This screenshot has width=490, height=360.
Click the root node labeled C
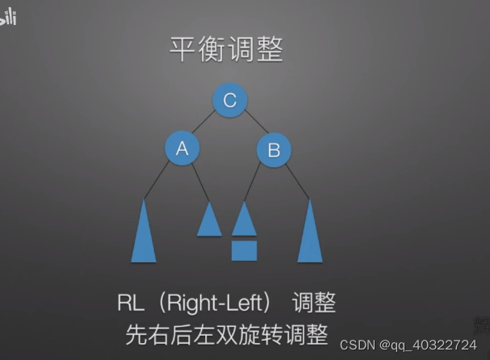point(229,100)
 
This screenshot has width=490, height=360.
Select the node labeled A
point(182,148)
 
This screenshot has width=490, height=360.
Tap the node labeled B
point(274,149)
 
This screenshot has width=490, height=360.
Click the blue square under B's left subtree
point(244,250)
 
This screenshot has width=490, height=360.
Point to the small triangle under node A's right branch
point(209,221)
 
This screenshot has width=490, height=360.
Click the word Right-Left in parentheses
point(214,303)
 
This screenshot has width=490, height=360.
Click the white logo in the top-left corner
point(9,17)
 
